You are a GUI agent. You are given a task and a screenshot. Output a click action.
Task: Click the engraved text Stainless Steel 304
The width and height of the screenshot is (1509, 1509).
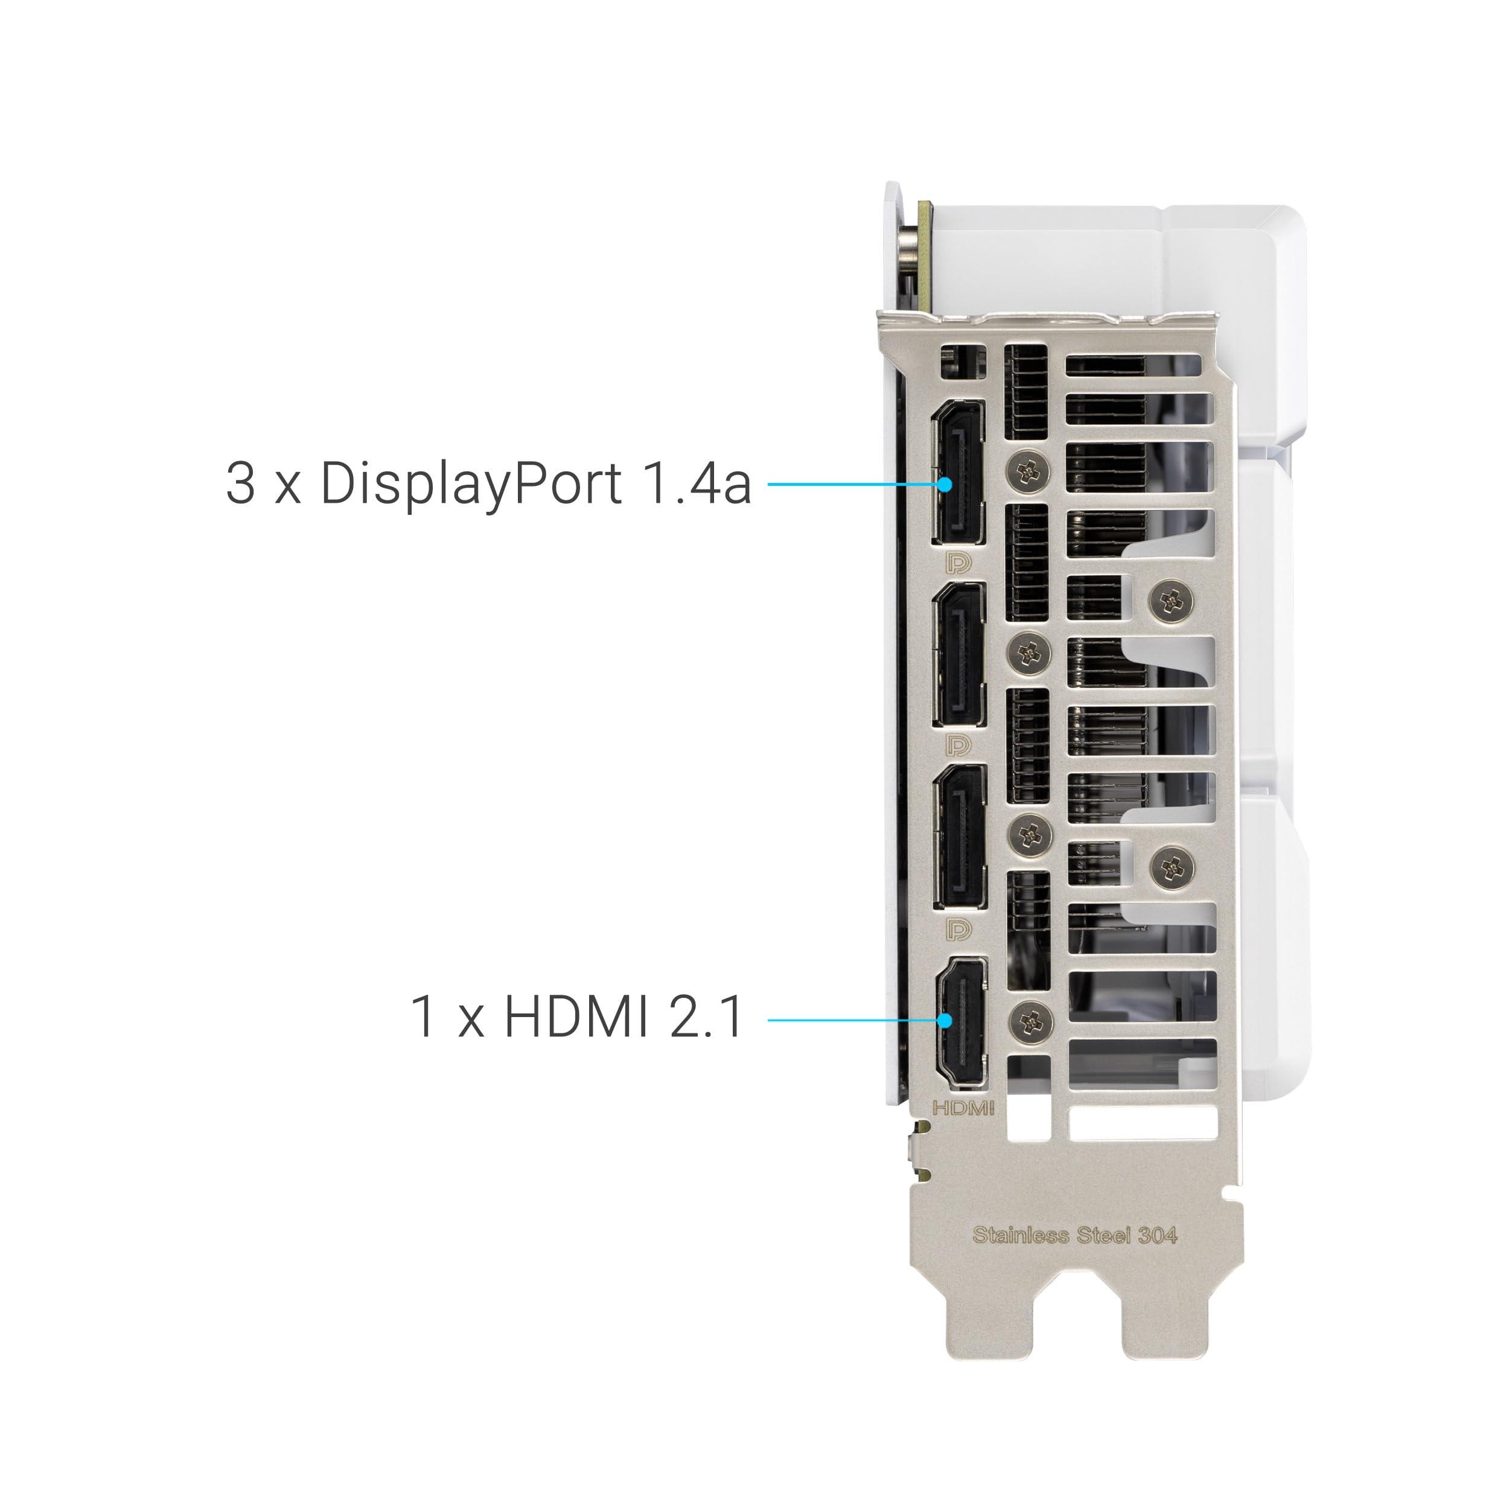click(x=1075, y=1235)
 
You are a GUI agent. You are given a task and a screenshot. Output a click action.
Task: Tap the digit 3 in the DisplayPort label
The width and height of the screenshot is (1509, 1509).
click(x=241, y=483)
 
